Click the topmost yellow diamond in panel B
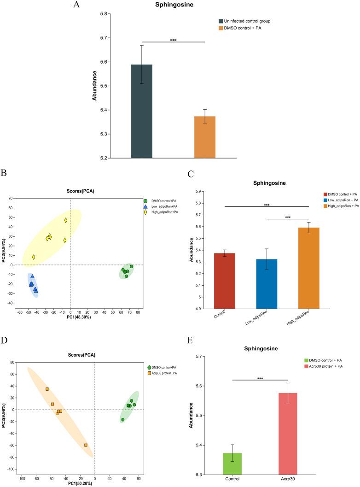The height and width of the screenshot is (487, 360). [x=66, y=220]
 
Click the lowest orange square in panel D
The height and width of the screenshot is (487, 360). [x=86, y=445]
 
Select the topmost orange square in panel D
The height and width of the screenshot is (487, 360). [x=47, y=389]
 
